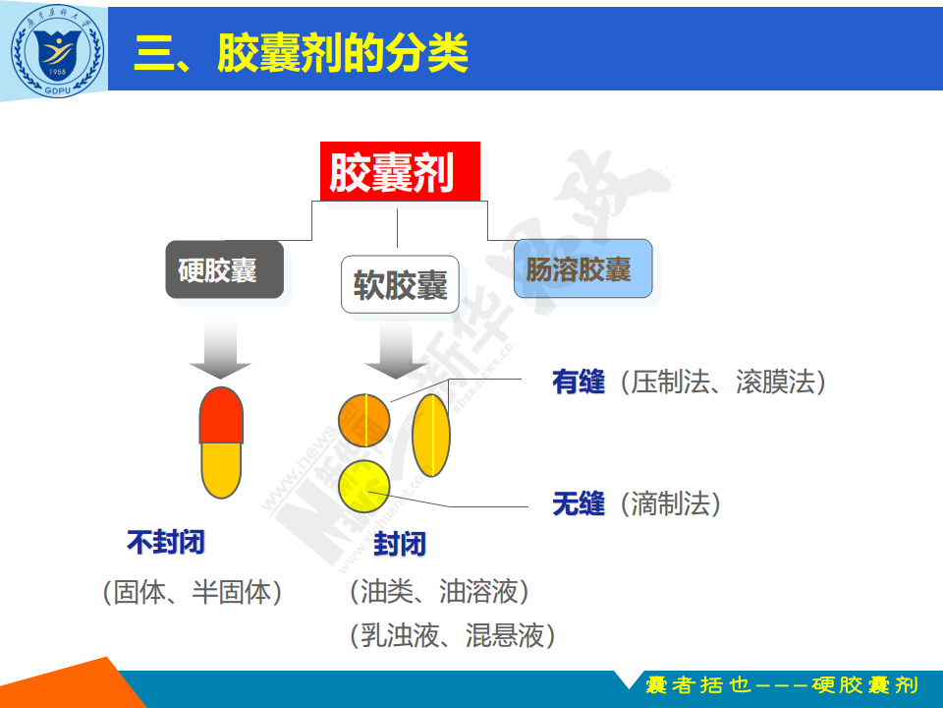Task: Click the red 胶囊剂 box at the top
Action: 400,171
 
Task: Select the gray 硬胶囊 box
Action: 224,269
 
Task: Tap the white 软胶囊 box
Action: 400,284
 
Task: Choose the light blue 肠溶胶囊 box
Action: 582,268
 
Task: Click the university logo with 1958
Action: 57,51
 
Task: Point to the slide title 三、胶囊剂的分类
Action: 301,53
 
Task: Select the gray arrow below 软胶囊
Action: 396,349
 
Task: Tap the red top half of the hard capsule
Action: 221,415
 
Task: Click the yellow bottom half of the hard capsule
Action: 221,470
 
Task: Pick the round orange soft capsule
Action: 363,420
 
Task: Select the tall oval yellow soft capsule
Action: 431,435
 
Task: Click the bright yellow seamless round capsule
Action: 363,487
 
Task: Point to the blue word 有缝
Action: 579,382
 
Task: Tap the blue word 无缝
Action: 579,503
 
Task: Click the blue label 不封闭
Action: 166,542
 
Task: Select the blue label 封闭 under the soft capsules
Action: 400,544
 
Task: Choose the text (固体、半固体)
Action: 193,592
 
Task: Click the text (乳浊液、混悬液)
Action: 452,635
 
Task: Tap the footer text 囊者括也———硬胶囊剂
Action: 782,685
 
